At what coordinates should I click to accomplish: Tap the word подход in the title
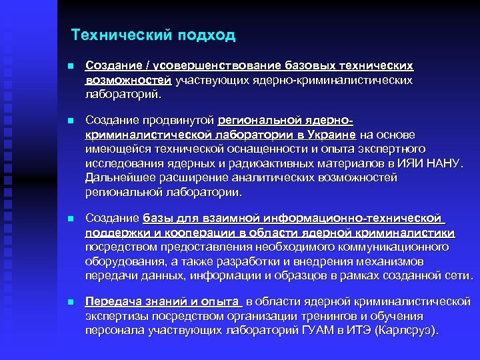[x=206, y=35]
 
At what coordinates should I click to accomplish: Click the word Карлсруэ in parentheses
[x=409, y=331]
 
